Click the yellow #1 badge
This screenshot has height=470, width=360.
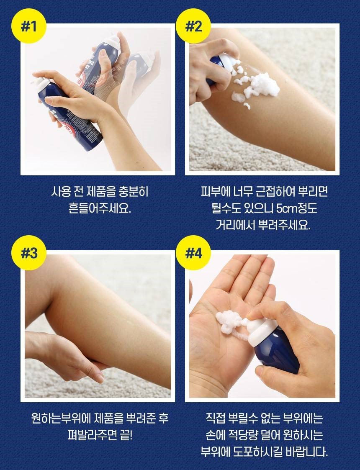point(29,27)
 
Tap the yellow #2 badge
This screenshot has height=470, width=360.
point(194,27)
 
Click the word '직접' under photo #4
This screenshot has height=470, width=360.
point(215,418)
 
